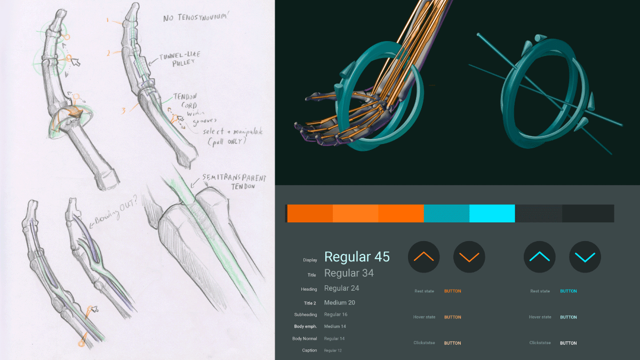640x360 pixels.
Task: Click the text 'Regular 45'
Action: pos(357,257)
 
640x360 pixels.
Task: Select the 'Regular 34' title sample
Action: pos(349,274)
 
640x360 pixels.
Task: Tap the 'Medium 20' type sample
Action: pos(339,302)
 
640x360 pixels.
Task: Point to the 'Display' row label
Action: pos(310,260)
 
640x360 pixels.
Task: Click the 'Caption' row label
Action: pos(309,350)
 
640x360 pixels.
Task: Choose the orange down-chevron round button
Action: pos(469,257)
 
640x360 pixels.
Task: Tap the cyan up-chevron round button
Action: pos(539,257)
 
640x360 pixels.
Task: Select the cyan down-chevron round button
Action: pos(585,257)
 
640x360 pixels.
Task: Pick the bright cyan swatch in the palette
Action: pos(492,213)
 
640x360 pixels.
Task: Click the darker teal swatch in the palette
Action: pos(446,213)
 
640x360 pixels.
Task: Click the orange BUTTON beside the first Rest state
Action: pos(452,291)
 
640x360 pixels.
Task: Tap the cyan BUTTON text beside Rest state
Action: pos(568,291)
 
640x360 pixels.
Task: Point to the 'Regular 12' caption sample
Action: pos(333,350)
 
